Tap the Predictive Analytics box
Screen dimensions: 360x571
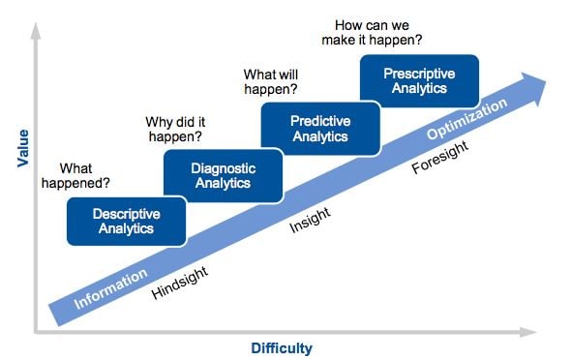(319, 128)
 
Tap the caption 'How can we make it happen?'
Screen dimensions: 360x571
(376, 32)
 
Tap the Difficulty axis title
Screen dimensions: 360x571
(282, 347)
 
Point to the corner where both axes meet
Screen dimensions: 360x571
(36, 332)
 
